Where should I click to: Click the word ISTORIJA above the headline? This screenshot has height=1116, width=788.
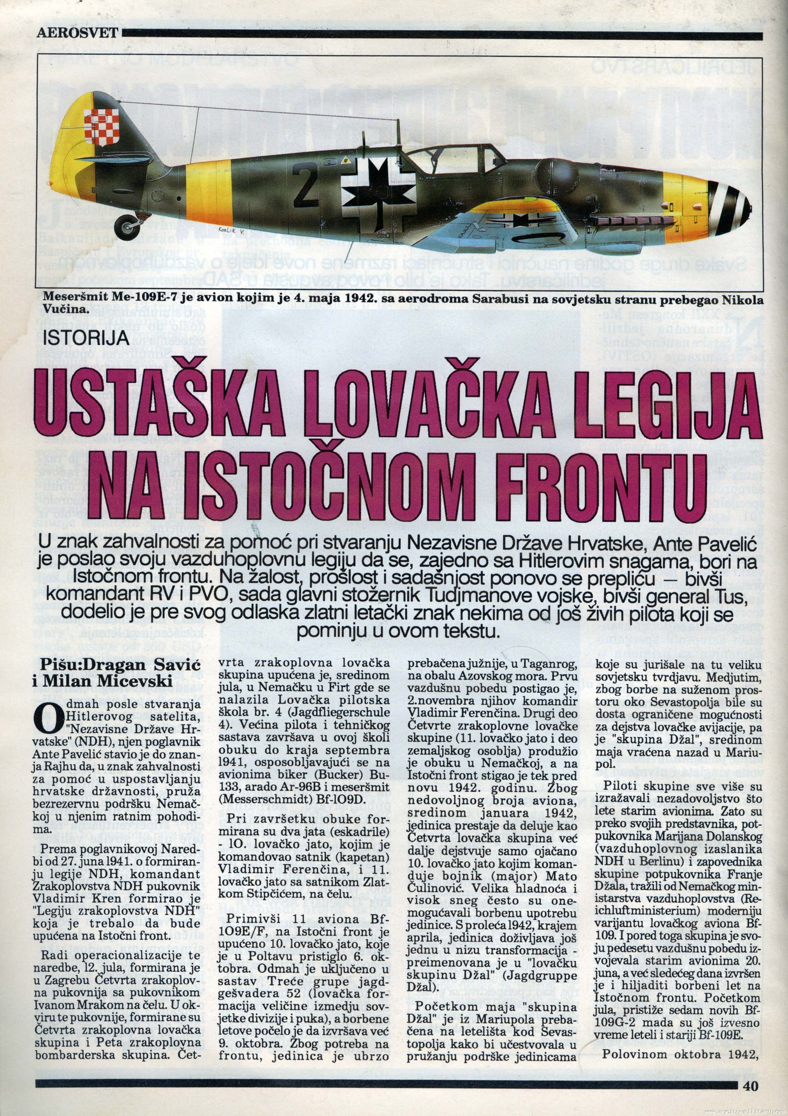[86, 337]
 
